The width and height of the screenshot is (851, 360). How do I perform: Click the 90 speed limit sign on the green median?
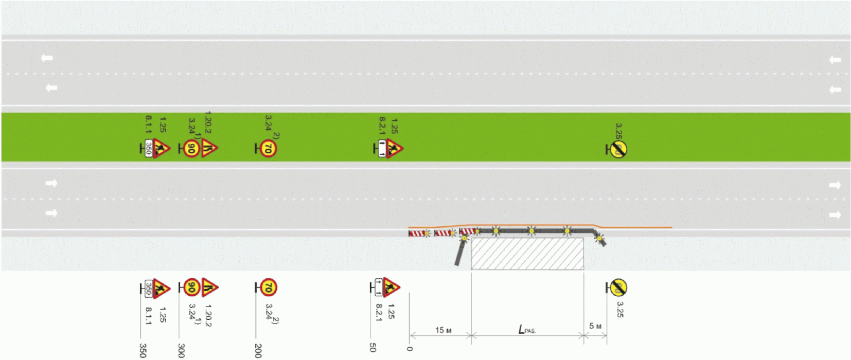[191, 149]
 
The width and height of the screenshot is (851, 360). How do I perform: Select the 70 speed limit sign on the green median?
[268, 149]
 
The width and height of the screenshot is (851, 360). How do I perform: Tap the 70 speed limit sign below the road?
[268, 287]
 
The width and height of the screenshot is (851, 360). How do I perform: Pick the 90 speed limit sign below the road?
[191, 287]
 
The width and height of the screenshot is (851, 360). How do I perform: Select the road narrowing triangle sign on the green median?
[209, 148]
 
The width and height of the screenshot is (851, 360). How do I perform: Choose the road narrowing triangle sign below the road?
[209, 286]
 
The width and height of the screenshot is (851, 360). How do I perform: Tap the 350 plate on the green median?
[149, 149]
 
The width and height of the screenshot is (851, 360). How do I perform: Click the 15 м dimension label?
[442, 330]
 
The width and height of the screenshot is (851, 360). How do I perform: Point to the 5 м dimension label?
[595, 326]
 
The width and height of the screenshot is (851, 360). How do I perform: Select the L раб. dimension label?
[526, 330]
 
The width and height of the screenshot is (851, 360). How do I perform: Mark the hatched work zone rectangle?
[527, 254]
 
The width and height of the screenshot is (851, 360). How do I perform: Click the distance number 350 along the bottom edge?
[143, 350]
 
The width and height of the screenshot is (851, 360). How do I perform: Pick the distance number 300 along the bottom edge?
[181, 350]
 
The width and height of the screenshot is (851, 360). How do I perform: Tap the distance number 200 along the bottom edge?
[258, 350]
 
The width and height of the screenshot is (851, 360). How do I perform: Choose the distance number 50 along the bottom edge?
[373, 348]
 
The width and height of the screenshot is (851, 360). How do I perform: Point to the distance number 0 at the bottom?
[410, 348]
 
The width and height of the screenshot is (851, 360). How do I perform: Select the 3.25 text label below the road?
[619, 309]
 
